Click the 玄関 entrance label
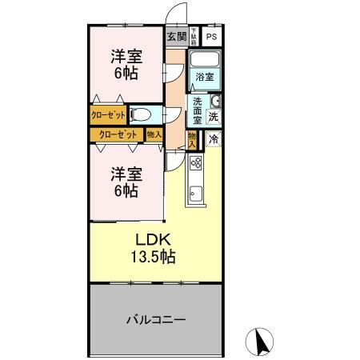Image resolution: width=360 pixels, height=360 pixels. pos(177,37)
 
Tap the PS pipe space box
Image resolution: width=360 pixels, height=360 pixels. pos(211,37)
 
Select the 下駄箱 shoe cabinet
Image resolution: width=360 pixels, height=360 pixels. pos(194,37)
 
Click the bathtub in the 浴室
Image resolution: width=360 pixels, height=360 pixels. pos(206,61)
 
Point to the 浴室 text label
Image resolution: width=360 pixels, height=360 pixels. pos(205,78)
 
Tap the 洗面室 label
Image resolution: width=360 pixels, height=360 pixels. pos(198,110)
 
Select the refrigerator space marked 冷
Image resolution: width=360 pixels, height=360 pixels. pos(214,139)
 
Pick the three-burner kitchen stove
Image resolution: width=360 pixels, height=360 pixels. pos(195,164)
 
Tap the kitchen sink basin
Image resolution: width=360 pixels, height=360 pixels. pos(195,193)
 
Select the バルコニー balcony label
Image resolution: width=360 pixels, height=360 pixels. pos(154,319)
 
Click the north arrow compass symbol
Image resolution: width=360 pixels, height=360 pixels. pos(260,342)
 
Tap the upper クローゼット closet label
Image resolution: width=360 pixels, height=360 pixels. pos(107,115)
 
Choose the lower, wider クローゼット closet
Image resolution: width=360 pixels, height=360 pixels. pos(117,134)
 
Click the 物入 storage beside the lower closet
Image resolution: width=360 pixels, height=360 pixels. pos(154,134)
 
